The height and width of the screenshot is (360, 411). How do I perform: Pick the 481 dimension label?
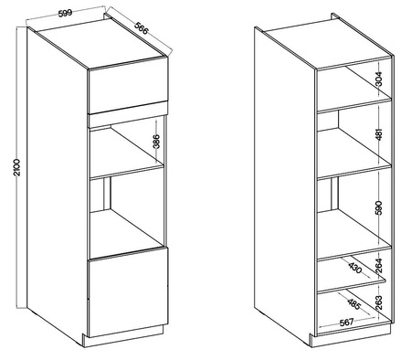tap(376, 136)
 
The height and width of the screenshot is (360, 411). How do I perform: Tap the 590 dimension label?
tap(376, 207)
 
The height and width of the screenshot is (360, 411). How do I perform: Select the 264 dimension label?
tap(376, 267)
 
